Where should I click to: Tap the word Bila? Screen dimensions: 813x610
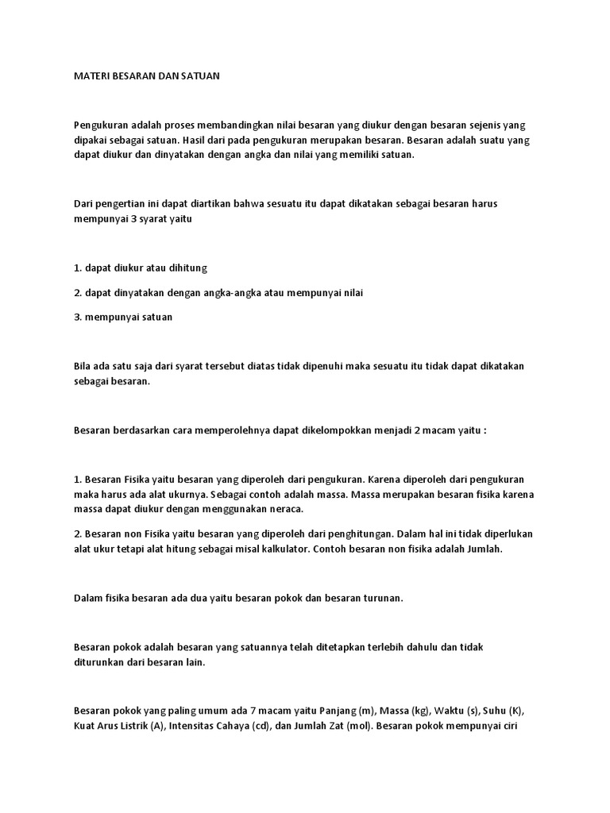tap(83, 366)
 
